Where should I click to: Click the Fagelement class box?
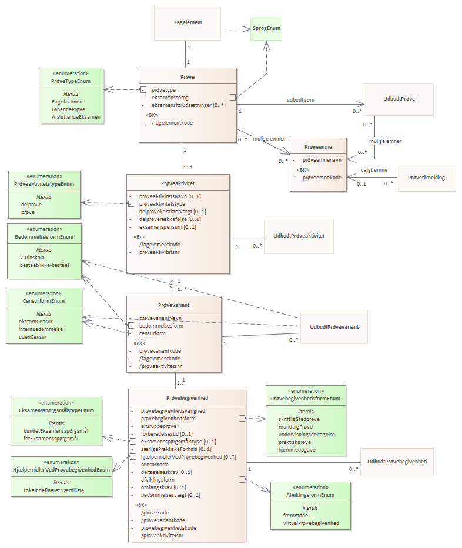click(x=188, y=23)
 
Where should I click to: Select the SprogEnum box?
click(x=266, y=29)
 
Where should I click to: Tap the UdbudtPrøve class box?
click(x=399, y=99)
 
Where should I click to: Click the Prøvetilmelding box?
click(x=426, y=178)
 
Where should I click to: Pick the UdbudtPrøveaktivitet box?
click(x=299, y=236)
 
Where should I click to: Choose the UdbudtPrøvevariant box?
click(x=334, y=328)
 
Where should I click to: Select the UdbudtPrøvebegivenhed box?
click(x=397, y=462)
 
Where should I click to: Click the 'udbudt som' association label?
click(x=300, y=100)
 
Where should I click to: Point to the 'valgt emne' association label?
click(x=374, y=170)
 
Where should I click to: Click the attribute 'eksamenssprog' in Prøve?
click(x=170, y=98)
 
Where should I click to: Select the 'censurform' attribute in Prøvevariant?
click(x=152, y=333)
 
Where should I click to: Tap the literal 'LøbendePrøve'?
click(x=69, y=109)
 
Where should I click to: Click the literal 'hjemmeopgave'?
click(x=297, y=450)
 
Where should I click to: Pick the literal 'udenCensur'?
click(x=32, y=337)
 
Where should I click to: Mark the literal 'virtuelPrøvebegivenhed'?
click(x=311, y=523)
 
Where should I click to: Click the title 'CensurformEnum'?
click(x=43, y=301)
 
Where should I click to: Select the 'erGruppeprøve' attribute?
click(x=159, y=426)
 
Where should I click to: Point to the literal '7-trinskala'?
click(x=32, y=258)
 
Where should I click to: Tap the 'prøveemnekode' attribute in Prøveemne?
click(x=322, y=178)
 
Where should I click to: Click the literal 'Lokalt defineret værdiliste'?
click(x=54, y=490)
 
